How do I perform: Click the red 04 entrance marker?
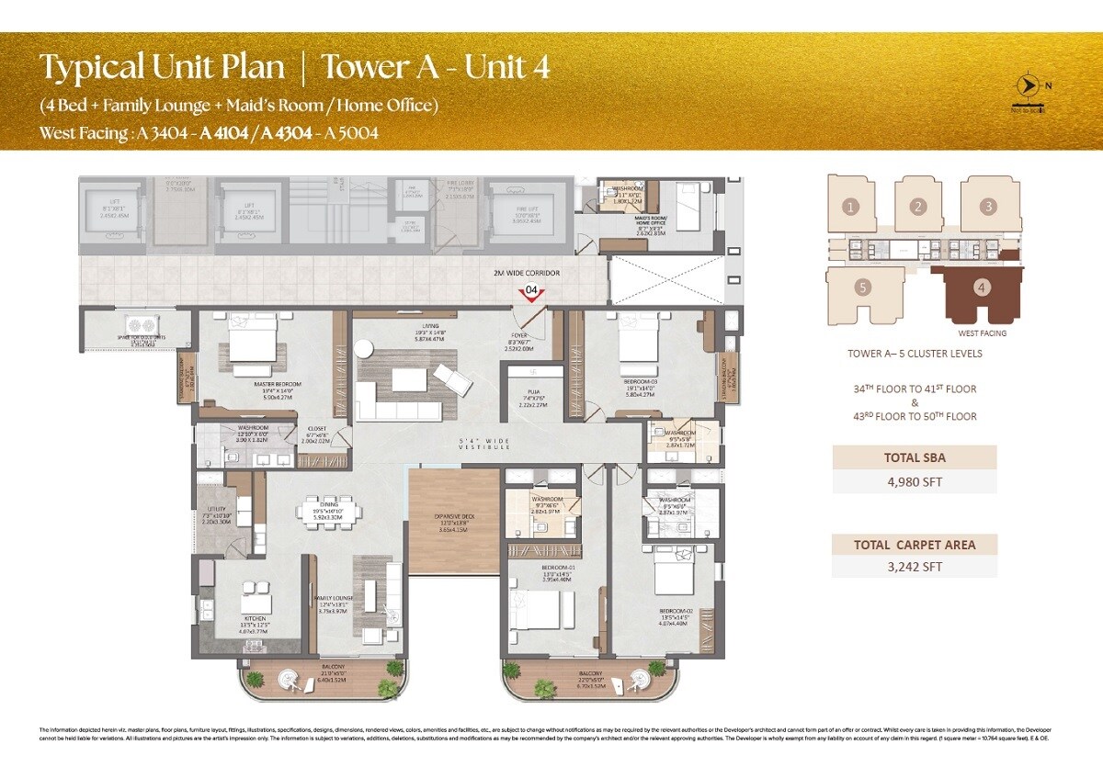pyautogui.click(x=529, y=293)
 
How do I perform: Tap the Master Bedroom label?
pyautogui.click(x=257, y=384)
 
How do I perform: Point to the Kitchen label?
pyautogui.click(x=255, y=619)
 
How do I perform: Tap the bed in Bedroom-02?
pyautogui.click(x=681, y=582)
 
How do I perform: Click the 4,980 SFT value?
pyautogui.click(x=914, y=481)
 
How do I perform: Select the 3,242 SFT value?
pyautogui.click(x=914, y=567)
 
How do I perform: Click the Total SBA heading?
pyautogui.click(x=914, y=457)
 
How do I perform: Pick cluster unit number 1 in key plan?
pyautogui.click(x=851, y=207)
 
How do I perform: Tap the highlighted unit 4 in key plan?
pyautogui.click(x=983, y=288)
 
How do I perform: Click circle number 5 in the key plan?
pyautogui.click(x=861, y=287)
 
